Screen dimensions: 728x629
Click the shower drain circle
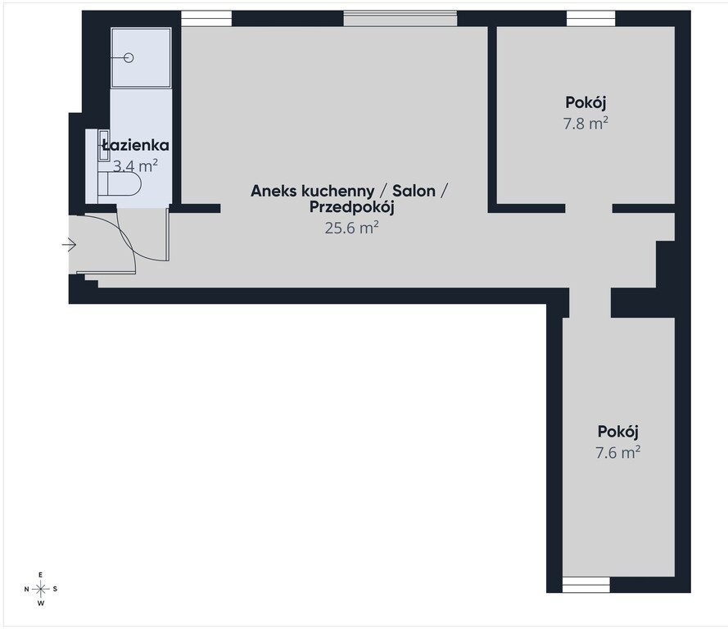[x=129, y=57]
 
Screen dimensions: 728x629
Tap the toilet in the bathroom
[x=120, y=184]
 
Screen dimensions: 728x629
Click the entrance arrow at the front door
[x=69, y=245]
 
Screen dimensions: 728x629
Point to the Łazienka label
[x=136, y=145]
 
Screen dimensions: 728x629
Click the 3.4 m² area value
[x=136, y=165]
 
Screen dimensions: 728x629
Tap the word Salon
[x=414, y=191]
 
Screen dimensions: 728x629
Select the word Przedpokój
[x=352, y=207]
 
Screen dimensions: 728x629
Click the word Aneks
[x=274, y=191]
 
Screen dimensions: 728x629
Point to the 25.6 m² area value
[x=352, y=228]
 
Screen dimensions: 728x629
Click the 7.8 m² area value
[x=586, y=124]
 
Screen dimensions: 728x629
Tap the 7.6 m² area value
[x=618, y=452]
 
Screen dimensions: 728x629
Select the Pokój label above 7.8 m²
[x=586, y=102]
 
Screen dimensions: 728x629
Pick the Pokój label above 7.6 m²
[x=618, y=432]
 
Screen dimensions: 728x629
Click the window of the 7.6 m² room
[x=586, y=585]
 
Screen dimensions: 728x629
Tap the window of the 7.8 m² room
[x=591, y=19]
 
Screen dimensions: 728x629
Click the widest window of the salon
[x=400, y=19]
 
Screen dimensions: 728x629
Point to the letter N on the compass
[x=26, y=589]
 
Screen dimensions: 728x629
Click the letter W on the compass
[x=41, y=604]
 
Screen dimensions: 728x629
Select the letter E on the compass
[x=41, y=575]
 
